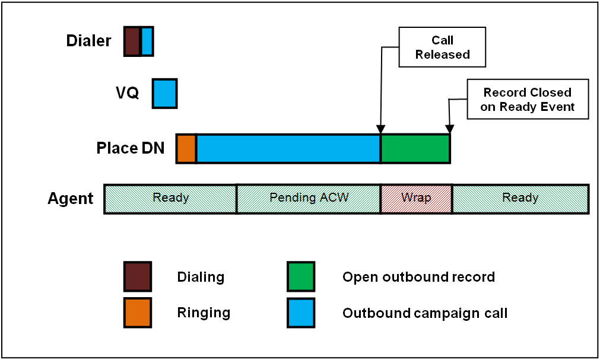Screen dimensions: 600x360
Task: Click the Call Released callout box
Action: [442, 47]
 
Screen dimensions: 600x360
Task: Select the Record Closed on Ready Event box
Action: [528, 99]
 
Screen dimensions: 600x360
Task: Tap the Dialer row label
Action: [88, 40]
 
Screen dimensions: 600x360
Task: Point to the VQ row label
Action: [128, 93]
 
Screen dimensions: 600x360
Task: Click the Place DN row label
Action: [131, 148]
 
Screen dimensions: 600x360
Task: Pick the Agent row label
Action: [71, 199]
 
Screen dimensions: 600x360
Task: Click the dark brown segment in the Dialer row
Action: [132, 42]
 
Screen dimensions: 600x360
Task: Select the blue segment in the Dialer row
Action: [147, 42]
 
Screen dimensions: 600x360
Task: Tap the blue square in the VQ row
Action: [165, 94]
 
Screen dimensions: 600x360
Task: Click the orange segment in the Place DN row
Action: [186, 149]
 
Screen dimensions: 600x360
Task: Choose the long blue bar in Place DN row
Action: [288, 149]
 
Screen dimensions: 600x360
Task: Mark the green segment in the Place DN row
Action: [415, 149]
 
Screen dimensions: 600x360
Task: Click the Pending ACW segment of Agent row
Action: [309, 199]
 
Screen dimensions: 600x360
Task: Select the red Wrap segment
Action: [417, 199]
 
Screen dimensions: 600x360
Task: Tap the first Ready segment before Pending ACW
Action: [170, 199]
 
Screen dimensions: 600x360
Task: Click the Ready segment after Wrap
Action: [520, 199]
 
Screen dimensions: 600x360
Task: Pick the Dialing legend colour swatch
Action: [138, 276]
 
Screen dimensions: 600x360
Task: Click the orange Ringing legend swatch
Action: [138, 313]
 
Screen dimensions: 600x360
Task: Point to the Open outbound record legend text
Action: [418, 277]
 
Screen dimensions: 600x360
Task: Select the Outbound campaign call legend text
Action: [425, 313]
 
